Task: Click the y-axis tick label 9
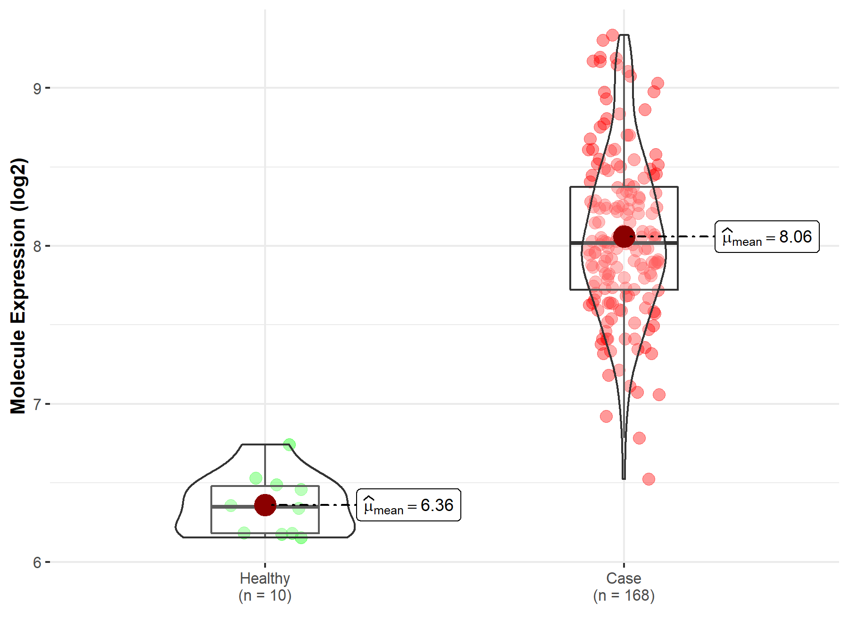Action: click(37, 88)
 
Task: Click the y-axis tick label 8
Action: click(37, 246)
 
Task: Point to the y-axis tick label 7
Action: click(37, 404)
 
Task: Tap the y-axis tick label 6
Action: click(37, 562)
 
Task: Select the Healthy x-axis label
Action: click(265, 578)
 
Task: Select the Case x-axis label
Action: click(624, 578)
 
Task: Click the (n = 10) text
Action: click(265, 595)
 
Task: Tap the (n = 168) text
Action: click(624, 595)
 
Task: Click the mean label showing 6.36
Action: click(408, 505)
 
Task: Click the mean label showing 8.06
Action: click(767, 237)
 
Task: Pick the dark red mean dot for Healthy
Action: click(265, 505)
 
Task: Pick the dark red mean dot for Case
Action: click(624, 236)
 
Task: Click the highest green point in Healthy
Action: click(290, 444)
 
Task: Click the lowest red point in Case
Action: click(649, 479)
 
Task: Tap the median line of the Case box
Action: click(594, 243)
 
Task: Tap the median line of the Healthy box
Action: click(236, 507)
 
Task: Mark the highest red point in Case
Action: click(612, 35)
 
